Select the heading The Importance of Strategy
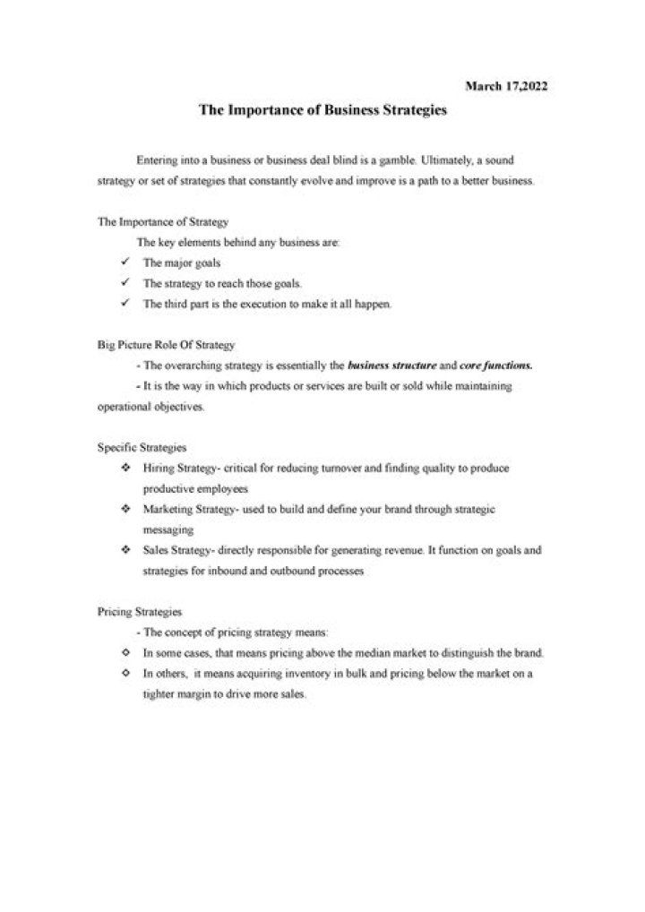click(150, 221)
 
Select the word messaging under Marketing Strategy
click(162, 529)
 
